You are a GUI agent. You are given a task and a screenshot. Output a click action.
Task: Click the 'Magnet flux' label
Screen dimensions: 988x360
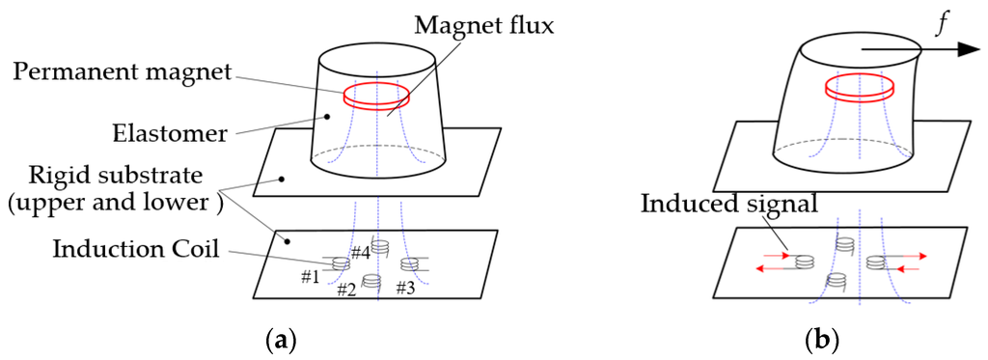(x=485, y=26)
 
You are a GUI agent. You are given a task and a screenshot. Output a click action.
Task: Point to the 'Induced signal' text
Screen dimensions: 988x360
(x=706, y=205)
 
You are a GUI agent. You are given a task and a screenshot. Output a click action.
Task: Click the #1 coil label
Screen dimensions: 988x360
(x=310, y=277)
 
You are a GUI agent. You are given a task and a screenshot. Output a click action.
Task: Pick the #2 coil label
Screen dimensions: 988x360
(x=348, y=290)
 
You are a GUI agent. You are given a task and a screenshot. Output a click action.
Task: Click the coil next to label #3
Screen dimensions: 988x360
(x=409, y=263)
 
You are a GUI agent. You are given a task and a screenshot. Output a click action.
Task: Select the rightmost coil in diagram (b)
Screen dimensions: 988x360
(x=877, y=261)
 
